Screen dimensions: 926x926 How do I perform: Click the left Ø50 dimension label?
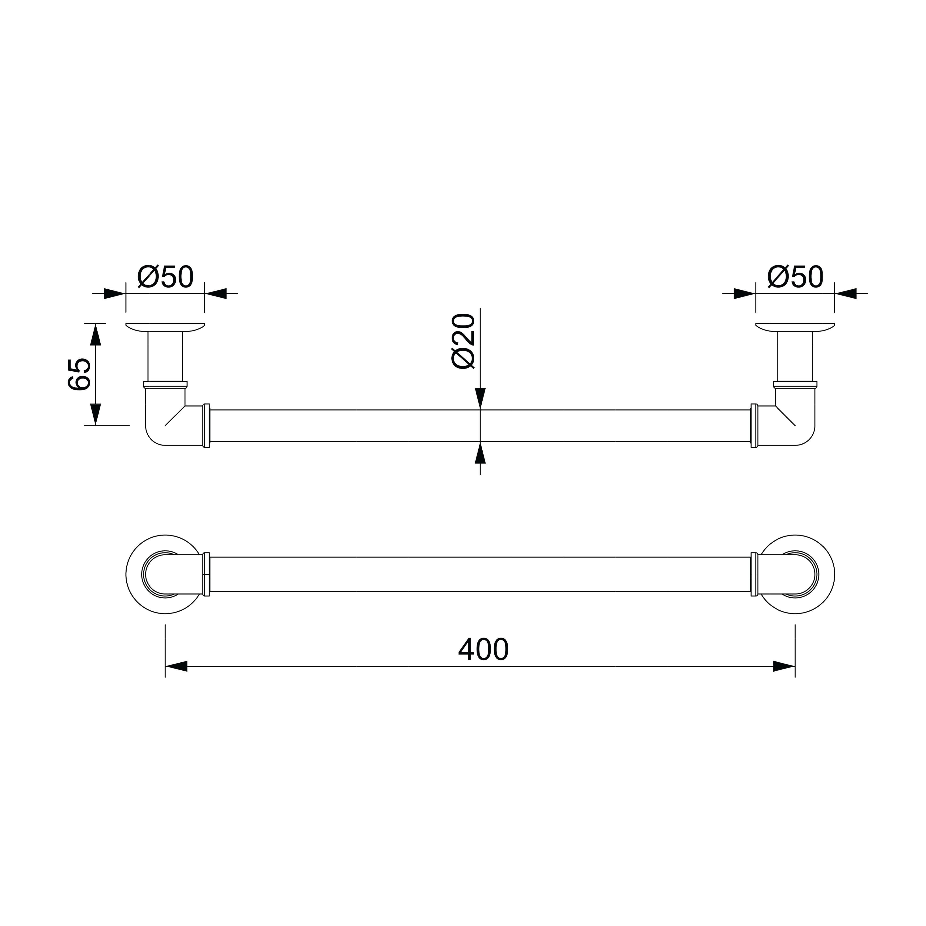[x=165, y=277]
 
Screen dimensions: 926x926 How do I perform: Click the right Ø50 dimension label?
[x=796, y=277]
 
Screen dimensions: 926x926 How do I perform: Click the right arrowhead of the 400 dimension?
[x=784, y=666]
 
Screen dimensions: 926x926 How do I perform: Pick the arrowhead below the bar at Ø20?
[x=480, y=453]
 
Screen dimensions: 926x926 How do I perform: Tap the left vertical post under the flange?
[x=165, y=356]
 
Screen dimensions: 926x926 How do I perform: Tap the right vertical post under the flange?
[x=795, y=356]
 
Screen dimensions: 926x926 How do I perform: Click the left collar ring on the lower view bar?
[x=206, y=574]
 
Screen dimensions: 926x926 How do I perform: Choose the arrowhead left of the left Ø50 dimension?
[x=114, y=293]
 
